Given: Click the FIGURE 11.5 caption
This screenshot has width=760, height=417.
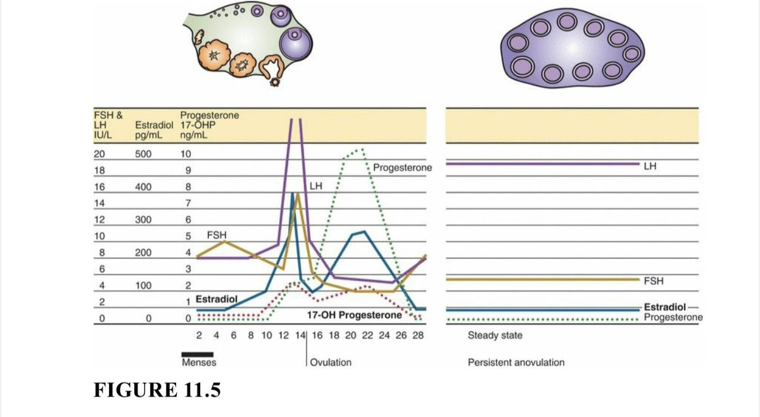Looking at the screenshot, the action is click(157, 390).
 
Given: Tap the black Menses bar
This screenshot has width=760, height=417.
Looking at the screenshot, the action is click(198, 354).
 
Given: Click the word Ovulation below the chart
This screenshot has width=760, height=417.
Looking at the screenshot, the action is click(331, 363).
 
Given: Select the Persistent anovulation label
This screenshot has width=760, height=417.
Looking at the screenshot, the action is click(516, 363).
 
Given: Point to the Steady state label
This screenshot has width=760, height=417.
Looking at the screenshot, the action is click(495, 335).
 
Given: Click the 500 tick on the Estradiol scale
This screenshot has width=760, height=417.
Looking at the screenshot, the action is click(143, 154).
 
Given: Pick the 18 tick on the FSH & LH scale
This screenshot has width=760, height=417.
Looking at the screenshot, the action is click(99, 170).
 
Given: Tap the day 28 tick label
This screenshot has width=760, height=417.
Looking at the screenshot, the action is click(418, 335).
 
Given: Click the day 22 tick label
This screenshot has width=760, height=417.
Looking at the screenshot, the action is click(367, 335).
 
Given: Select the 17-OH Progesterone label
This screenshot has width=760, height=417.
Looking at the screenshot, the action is click(355, 315).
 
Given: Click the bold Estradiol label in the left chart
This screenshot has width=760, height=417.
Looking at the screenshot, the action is click(217, 299).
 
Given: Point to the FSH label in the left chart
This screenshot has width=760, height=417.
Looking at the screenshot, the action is click(217, 235).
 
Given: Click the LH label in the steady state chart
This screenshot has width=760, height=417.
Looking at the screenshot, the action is click(650, 166).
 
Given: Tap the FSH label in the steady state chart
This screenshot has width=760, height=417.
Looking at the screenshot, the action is click(654, 281).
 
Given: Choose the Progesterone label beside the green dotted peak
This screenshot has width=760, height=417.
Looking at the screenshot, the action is click(402, 168).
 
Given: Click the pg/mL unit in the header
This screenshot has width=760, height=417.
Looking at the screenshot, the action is click(149, 135).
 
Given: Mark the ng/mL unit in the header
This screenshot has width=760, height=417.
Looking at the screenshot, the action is click(194, 135).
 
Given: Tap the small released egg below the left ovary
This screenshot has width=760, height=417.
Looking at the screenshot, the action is click(274, 82).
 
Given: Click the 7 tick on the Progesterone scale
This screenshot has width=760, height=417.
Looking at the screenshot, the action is click(188, 203).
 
